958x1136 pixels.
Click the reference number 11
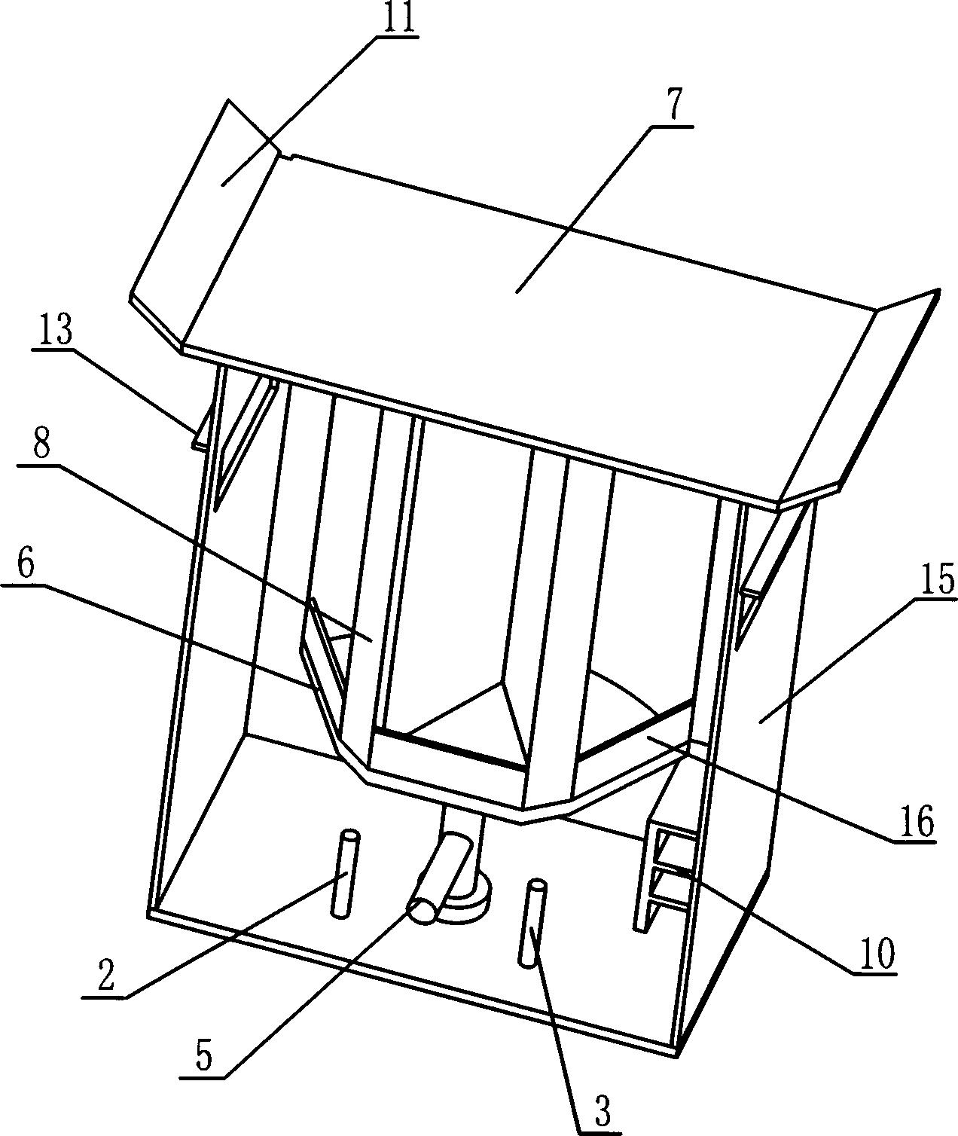tap(397, 18)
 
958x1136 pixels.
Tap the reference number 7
tap(673, 107)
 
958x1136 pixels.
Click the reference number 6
tap(26, 565)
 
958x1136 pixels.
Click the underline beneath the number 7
tap(672, 127)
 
